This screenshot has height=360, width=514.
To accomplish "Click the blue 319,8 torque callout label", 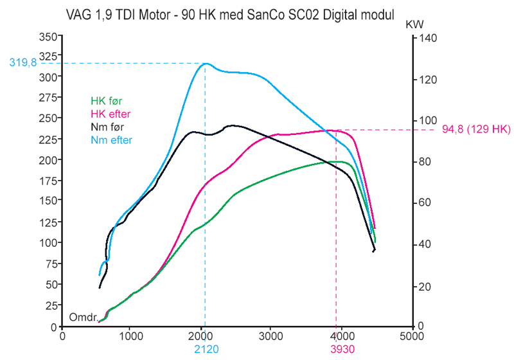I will (x=22, y=63).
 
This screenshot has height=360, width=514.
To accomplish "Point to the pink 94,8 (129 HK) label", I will (x=476, y=130).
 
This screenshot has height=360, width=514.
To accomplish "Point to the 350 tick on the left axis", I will (x=48, y=37).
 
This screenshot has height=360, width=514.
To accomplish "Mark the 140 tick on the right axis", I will (x=428, y=39).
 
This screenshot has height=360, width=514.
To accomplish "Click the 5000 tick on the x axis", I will (x=411, y=336).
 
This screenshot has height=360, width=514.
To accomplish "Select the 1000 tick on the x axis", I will (x=132, y=336).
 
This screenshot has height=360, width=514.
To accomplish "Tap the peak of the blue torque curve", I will (x=206, y=64).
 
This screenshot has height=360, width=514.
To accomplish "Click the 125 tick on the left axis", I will (x=48, y=222).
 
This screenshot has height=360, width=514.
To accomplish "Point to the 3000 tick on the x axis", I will (x=271, y=336).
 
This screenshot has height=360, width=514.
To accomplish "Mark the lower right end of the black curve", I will (x=374, y=251).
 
